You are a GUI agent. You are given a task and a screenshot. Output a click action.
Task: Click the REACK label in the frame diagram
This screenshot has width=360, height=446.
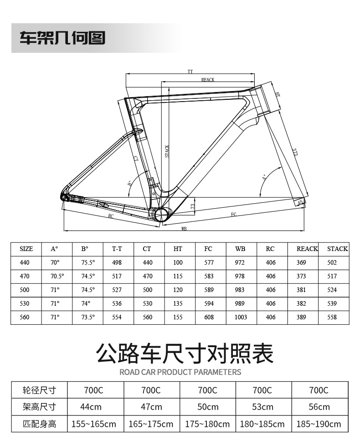click(x=208, y=80)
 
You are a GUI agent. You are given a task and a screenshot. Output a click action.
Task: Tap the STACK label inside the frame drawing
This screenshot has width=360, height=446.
click(x=167, y=151)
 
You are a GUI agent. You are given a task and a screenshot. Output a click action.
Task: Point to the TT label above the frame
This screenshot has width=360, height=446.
click(x=190, y=72)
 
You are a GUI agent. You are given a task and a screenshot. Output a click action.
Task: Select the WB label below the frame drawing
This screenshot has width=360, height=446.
click(x=184, y=228)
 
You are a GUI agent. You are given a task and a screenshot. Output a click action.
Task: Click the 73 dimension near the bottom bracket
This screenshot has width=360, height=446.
click(x=193, y=206)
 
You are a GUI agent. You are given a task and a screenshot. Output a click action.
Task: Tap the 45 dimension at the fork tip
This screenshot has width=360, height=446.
click(x=299, y=202)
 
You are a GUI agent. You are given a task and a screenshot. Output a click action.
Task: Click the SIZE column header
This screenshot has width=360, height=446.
click(x=26, y=249)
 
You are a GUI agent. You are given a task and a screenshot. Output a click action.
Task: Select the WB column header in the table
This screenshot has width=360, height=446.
click(x=240, y=249)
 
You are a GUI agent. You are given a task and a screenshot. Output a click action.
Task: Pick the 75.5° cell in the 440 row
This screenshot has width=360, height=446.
click(x=88, y=262)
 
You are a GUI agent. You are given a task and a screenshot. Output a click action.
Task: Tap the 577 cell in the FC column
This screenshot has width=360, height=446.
click(x=209, y=262)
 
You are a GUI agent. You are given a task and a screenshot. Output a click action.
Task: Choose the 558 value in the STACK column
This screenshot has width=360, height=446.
click(x=332, y=317)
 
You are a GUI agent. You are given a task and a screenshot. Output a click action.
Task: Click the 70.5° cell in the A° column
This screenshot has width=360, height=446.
click(x=57, y=276)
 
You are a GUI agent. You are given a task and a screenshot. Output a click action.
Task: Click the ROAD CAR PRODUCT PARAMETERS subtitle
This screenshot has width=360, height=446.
click(x=180, y=372)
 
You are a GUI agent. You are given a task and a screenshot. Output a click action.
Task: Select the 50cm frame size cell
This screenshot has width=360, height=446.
click(x=207, y=407)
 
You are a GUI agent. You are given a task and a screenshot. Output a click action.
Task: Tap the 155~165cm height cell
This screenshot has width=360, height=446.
click(x=94, y=424)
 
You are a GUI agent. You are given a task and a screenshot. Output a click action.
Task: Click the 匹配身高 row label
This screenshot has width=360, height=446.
click(x=40, y=424)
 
